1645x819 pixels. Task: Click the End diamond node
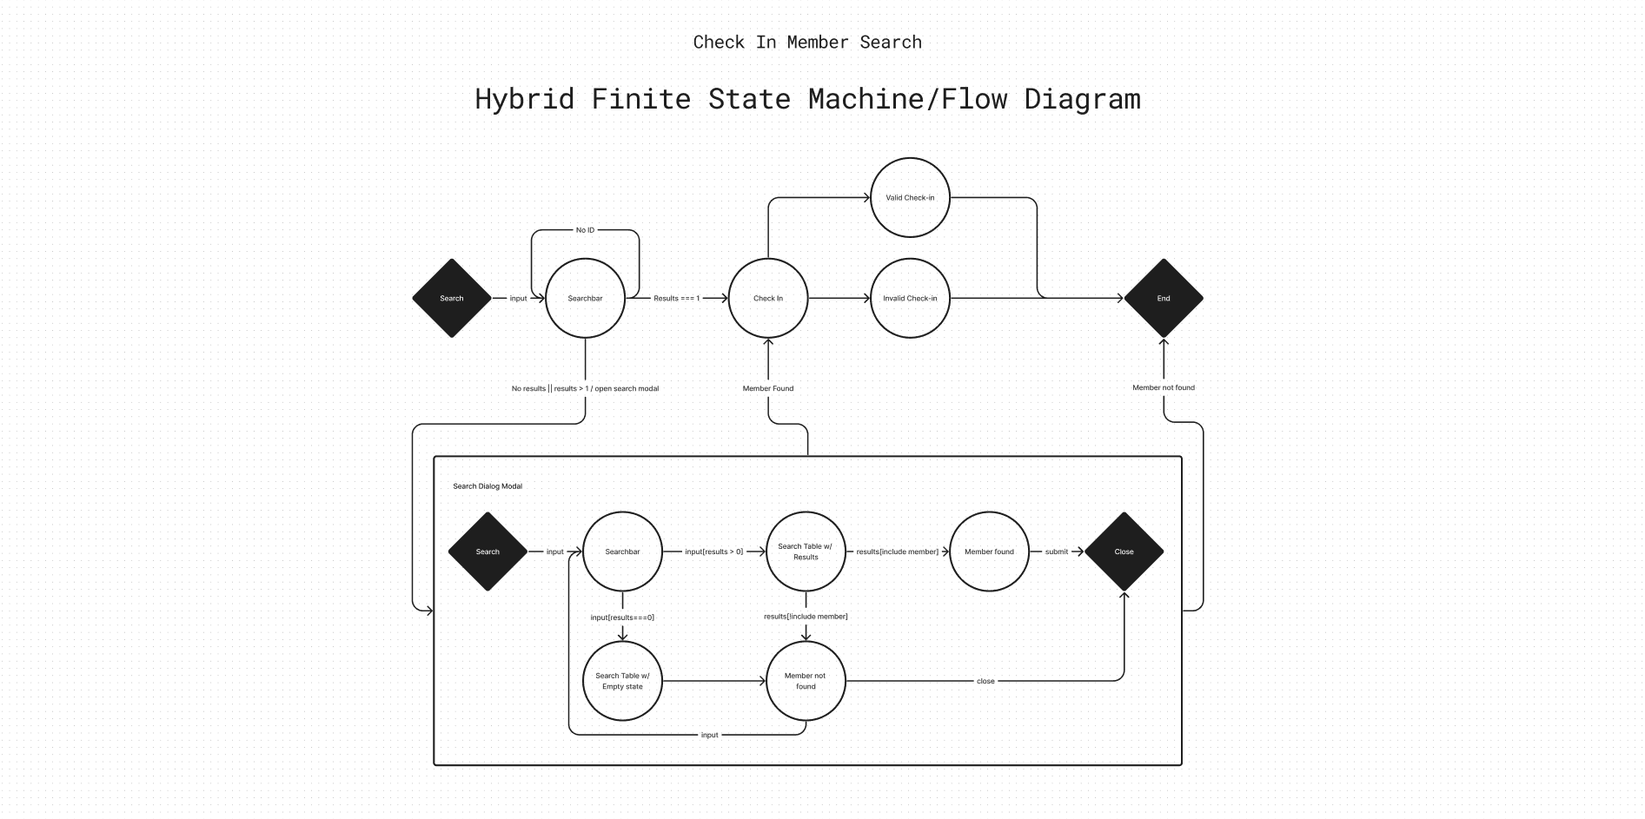click(x=1163, y=298)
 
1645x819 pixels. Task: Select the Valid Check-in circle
click(x=910, y=197)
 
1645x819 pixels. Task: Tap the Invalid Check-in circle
click(x=910, y=298)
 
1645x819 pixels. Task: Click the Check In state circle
click(x=767, y=298)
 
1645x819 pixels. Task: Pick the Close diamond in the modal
click(x=1124, y=552)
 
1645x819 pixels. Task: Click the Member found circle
click(x=989, y=552)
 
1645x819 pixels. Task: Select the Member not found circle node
click(x=806, y=681)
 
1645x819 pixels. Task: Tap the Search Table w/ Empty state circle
click(x=622, y=681)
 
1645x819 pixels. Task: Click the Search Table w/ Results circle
click(x=806, y=552)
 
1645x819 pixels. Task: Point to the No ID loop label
click(x=585, y=230)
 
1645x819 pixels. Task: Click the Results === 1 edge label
click(x=676, y=298)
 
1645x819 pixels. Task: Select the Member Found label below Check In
click(x=767, y=388)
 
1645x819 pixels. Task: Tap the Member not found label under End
click(x=1163, y=387)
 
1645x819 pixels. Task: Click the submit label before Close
click(x=1056, y=552)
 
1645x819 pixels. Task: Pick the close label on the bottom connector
click(x=985, y=681)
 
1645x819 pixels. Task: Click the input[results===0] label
click(x=622, y=618)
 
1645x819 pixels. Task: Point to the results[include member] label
click(x=897, y=552)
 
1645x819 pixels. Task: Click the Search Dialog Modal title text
click(x=488, y=486)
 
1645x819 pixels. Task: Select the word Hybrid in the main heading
click(x=524, y=99)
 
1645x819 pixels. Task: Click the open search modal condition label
click(x=585, y=388)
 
